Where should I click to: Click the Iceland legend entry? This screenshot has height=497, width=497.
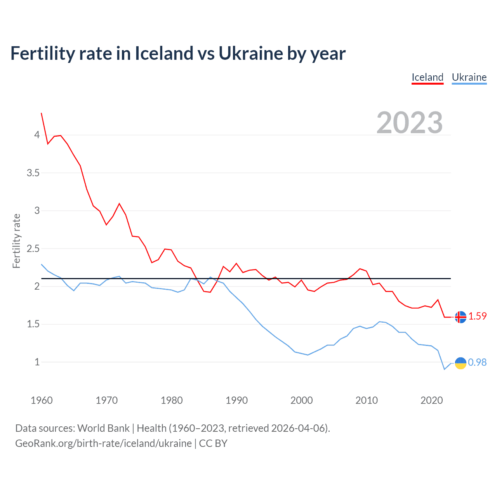point(427,77)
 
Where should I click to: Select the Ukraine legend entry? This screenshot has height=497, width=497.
point(469,77)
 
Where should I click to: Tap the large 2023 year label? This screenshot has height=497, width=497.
point(410,123)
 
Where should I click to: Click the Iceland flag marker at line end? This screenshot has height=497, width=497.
point(461,317)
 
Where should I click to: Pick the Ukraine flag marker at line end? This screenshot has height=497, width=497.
point(461,363)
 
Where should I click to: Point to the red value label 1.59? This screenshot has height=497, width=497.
point(477,316)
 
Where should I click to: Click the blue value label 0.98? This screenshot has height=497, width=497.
point(477,362)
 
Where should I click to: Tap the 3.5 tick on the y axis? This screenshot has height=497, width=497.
point(33,173)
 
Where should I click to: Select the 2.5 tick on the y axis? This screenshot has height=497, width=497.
point(33,248)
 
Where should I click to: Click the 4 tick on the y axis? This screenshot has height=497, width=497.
point(37,135)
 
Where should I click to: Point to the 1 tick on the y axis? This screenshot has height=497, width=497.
point(37,362)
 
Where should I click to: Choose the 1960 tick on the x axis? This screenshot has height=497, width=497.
point(42,400)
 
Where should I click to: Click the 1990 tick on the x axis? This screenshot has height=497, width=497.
point(236,400)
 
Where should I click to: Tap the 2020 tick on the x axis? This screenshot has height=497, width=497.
point(431,400)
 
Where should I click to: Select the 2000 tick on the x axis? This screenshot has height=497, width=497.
point(301,400)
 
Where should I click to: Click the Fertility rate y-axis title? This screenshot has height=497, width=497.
point(16,241)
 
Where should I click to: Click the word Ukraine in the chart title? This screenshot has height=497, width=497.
point(250,53)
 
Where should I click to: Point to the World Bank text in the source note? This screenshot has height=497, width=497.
point(103,428)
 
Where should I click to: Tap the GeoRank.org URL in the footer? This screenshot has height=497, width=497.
point(103,443)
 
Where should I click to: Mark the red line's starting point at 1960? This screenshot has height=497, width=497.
point(42,113)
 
